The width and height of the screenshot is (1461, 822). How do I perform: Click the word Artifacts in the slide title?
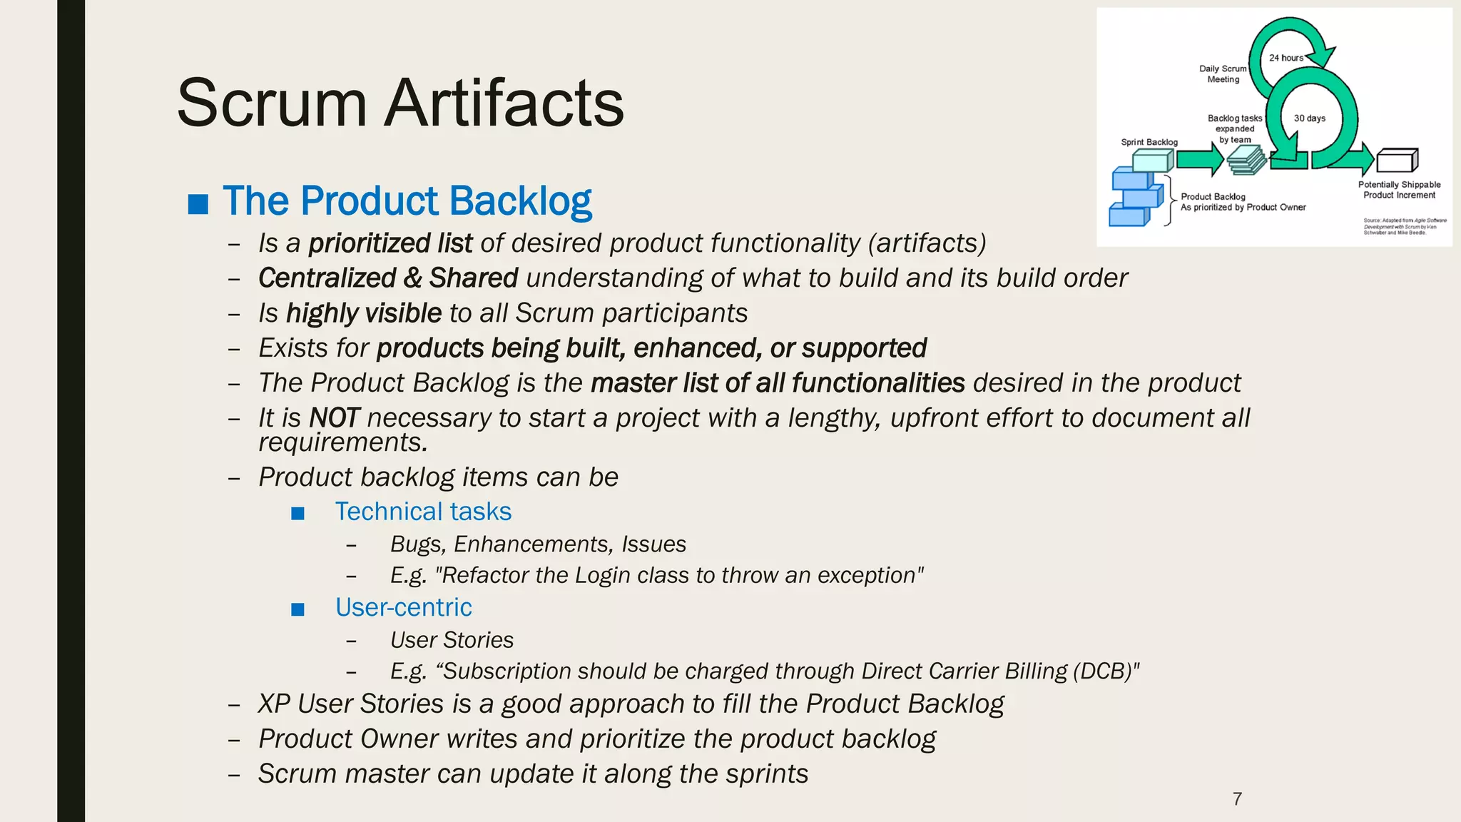click(x=504, y=103)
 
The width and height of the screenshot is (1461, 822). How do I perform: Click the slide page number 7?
click(x=1237, y=798)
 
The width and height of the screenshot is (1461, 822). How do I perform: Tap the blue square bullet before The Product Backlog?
click(x=198, y=204)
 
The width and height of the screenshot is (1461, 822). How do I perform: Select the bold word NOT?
click(x=335, y=418)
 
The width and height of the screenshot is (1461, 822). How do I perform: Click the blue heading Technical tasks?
click(x=423, y=512)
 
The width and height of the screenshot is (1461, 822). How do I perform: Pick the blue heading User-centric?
click(x=403, y=607)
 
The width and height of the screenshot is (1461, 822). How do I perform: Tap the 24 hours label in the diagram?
click(x=1286, y=58)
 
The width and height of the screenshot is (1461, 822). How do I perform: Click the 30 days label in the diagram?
click(x=1310, y=118)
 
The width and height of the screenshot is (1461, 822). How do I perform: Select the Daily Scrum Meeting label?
click(x=1223, y=74)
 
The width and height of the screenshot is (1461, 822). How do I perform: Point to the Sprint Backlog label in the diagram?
click(x=1149, y=142)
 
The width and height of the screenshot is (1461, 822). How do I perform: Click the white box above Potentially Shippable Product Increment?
click(x=1397, y=161)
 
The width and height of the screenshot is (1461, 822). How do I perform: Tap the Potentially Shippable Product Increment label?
click(x=1399, y=190)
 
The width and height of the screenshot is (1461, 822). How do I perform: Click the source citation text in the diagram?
click(x=1404, y=226)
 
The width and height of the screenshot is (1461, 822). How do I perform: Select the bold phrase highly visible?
click(x=364, y=313)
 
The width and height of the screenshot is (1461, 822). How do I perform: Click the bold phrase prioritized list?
click(x=390, y=243)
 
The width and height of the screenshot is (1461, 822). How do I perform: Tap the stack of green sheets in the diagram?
click(x=1246, y=160)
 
